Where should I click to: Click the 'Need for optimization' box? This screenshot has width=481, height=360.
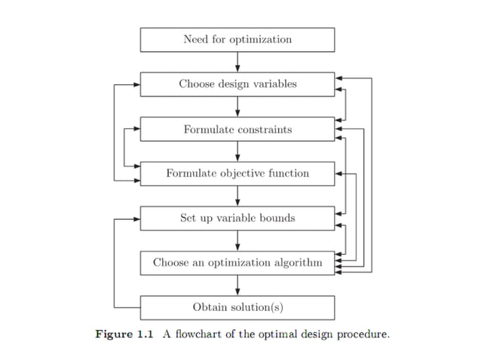pyautogui.click(x=237, y=39)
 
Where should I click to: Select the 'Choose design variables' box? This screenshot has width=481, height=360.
pyautogui.click(x=237, y=84)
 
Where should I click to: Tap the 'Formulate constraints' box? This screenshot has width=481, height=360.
pyautogui.click(x=237, y=129)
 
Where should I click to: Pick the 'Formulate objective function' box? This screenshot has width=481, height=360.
pyautogui.click(x=237, y=173)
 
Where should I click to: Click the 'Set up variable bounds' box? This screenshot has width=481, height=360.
pyautogui.click(x=237, y=218)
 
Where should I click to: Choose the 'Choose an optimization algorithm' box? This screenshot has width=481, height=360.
pyautogui.click(x=237, y=263)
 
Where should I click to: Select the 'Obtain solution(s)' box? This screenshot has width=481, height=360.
pyautogui.click(x=237, y=307)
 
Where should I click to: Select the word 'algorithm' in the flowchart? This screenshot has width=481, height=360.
pyautogui.click(x=296, y=263)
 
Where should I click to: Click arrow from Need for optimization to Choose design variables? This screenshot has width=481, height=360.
pyautogui.click(x=237, y=62)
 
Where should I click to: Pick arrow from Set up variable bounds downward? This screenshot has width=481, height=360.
pyautogui.click(x=237, y=240)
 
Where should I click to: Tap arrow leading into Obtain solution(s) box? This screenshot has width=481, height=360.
pyautogui.click(x=237, y=285)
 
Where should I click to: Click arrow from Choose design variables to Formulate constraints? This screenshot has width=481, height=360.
pyautogui.click(x=237, y=106)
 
